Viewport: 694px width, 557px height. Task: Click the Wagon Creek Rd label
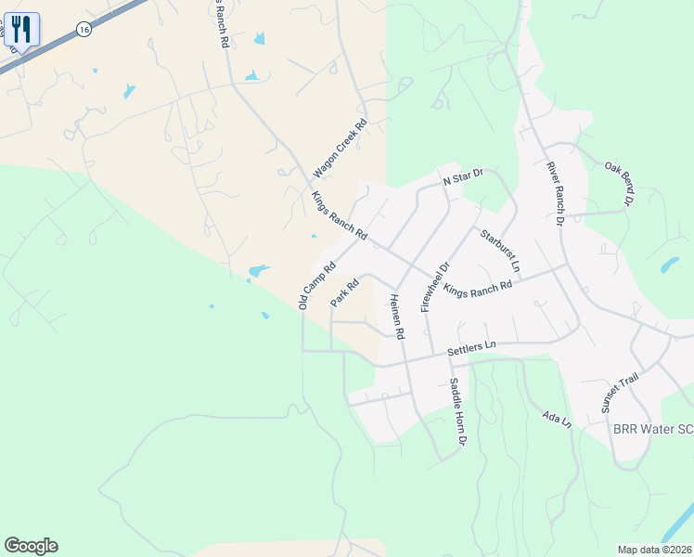340,148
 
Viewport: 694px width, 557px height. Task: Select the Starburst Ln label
501,251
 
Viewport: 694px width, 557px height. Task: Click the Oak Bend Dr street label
619,183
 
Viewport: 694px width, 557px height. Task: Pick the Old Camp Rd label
316,285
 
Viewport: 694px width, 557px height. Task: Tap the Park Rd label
344,294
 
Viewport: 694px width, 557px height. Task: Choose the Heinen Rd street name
396,315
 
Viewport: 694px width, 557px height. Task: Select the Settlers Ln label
471,348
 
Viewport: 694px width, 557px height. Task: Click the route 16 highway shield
84,30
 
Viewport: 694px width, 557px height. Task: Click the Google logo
31,546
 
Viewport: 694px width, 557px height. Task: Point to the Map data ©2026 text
654,550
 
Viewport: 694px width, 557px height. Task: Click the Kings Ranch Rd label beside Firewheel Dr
478,289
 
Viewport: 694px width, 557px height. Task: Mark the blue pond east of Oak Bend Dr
669,266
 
